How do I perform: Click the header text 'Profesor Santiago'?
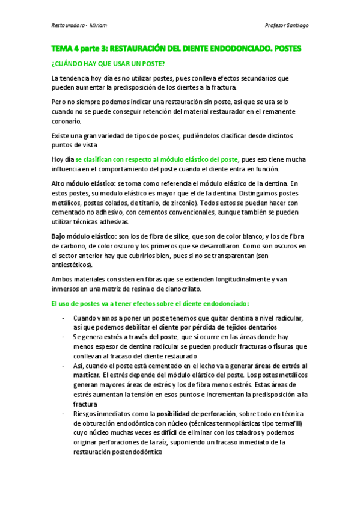287,26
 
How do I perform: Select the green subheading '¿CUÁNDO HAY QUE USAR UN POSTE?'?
108,63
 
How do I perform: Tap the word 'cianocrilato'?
206,289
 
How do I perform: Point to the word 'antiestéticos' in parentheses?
71,265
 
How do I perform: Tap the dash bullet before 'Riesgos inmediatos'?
64,414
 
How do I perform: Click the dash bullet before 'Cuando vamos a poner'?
64,318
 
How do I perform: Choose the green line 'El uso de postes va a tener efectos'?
150,303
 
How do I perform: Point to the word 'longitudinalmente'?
228,279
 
